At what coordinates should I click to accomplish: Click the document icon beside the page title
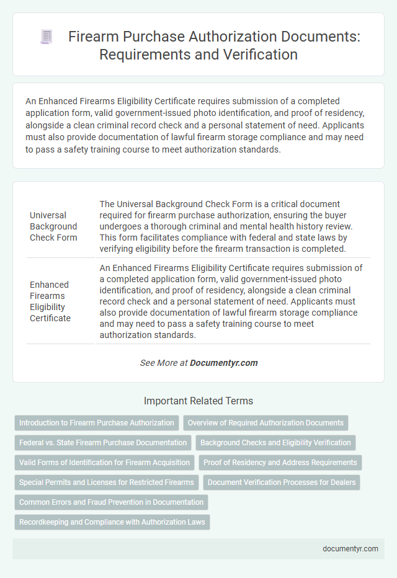click(x=46, y=37)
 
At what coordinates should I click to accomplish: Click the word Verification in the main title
click(x=256, y=55)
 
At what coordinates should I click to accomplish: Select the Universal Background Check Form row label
click(x=53, y=226)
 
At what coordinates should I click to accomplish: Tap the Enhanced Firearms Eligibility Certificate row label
click(x=51, y=301)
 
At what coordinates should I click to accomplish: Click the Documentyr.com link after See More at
click(x=224, y=363)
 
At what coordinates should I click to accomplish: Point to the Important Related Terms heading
click(x=198, y=401)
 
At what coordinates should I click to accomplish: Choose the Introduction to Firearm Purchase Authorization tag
click(x=97, y=423)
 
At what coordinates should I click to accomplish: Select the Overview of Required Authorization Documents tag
click(x=265, y=423)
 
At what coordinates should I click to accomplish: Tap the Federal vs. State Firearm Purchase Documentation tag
click(x=103, y=443)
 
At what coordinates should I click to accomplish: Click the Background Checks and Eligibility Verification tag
click(x=275, y=443)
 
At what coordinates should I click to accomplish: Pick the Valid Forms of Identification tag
click(x=105, y=463)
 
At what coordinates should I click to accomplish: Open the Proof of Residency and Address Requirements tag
click(x=280, y=463)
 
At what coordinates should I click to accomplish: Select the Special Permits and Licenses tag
click(x=107, y=482)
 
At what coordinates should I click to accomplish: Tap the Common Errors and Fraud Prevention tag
click(x=112, y=502)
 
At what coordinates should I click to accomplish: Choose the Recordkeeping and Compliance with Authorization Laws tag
click(x=112, y=522)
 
